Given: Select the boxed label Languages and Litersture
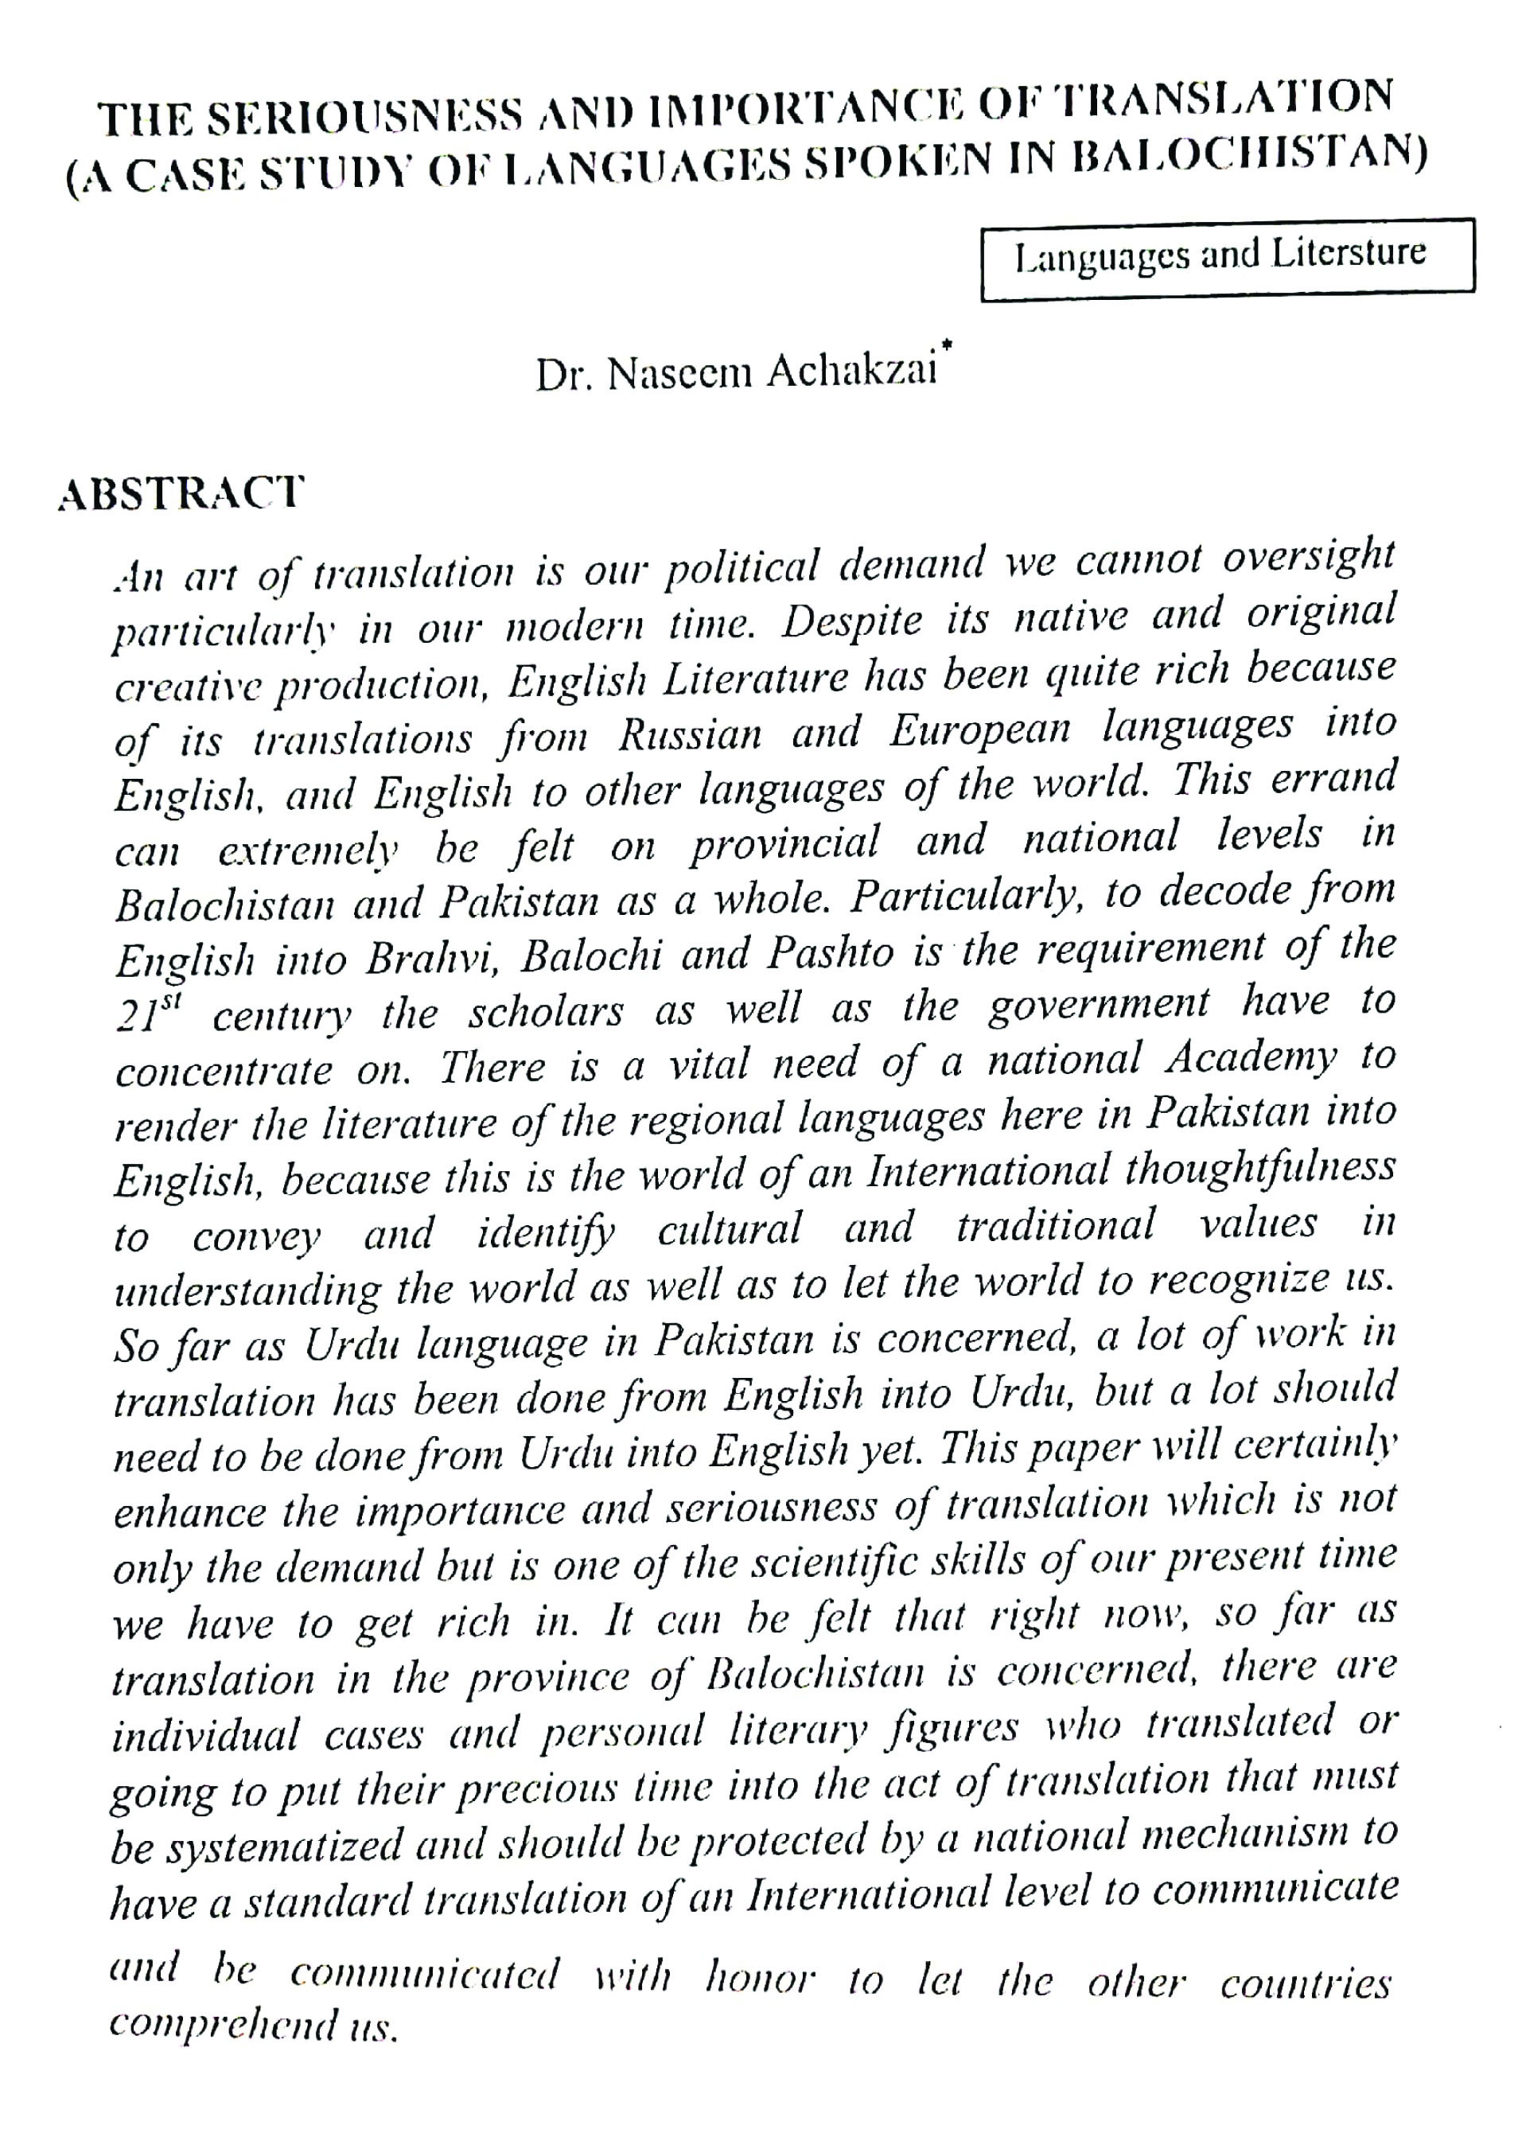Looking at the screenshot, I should pos(1220,255).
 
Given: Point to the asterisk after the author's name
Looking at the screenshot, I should pos(948,348).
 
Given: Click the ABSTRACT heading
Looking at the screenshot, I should pos(181,493).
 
